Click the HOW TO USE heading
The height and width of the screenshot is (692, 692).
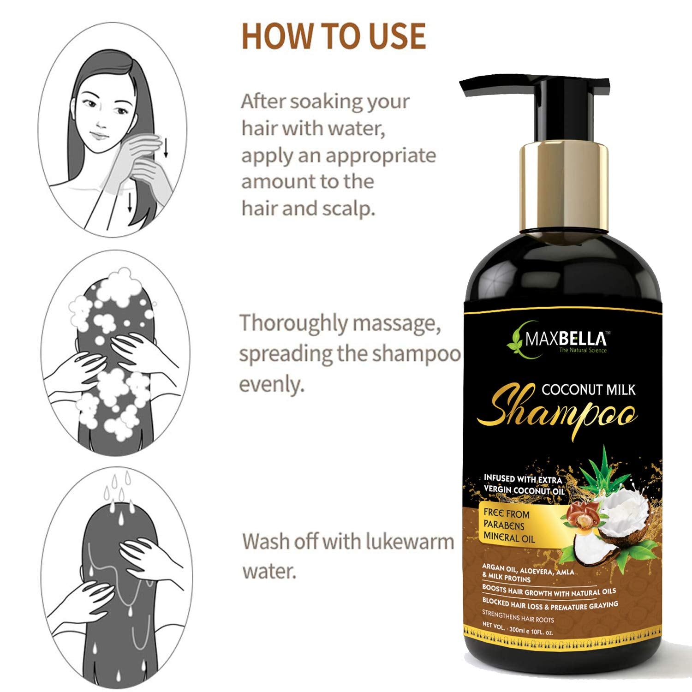(334, 36)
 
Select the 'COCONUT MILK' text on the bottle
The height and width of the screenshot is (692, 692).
(588, 390)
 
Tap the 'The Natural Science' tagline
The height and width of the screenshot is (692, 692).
(583, 350)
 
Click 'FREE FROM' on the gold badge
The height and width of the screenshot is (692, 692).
(507, 513)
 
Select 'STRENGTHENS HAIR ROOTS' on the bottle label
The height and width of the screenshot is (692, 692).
(518, 616)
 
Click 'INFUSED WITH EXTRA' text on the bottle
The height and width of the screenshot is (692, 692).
(523, 479)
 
